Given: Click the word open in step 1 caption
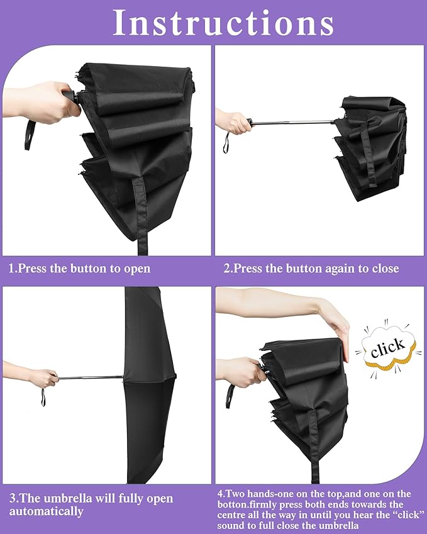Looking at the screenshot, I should (137, 269).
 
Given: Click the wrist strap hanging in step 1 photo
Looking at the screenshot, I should (29, 133).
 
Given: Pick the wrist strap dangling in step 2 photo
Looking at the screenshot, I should (226, 143).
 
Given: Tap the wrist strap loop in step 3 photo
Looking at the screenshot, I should (43, 397).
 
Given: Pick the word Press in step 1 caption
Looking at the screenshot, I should (33, 269).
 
